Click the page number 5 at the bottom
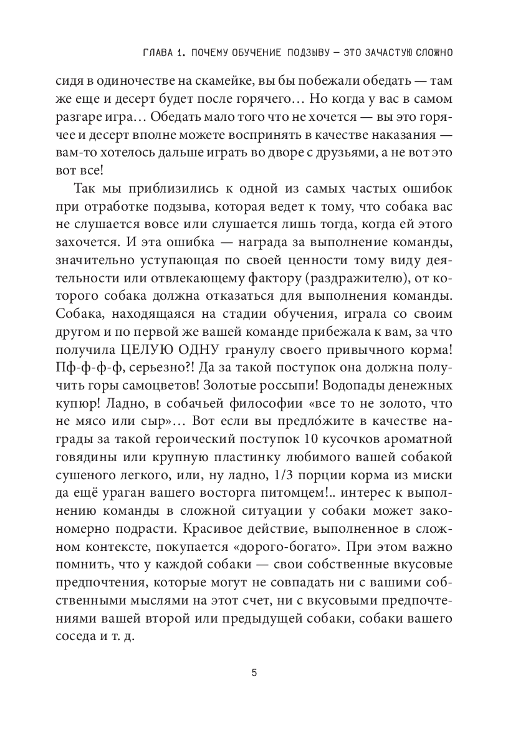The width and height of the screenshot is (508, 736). pyautogui.click(x=254, y=673)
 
